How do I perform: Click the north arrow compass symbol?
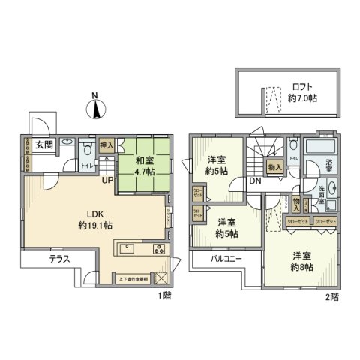point(97,109)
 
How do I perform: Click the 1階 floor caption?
point(165,295)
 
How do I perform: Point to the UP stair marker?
point(109,181)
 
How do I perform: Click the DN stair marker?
point(254,181)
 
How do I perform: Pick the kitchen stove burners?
point(159,248)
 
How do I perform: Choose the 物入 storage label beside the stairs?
point(274,166)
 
